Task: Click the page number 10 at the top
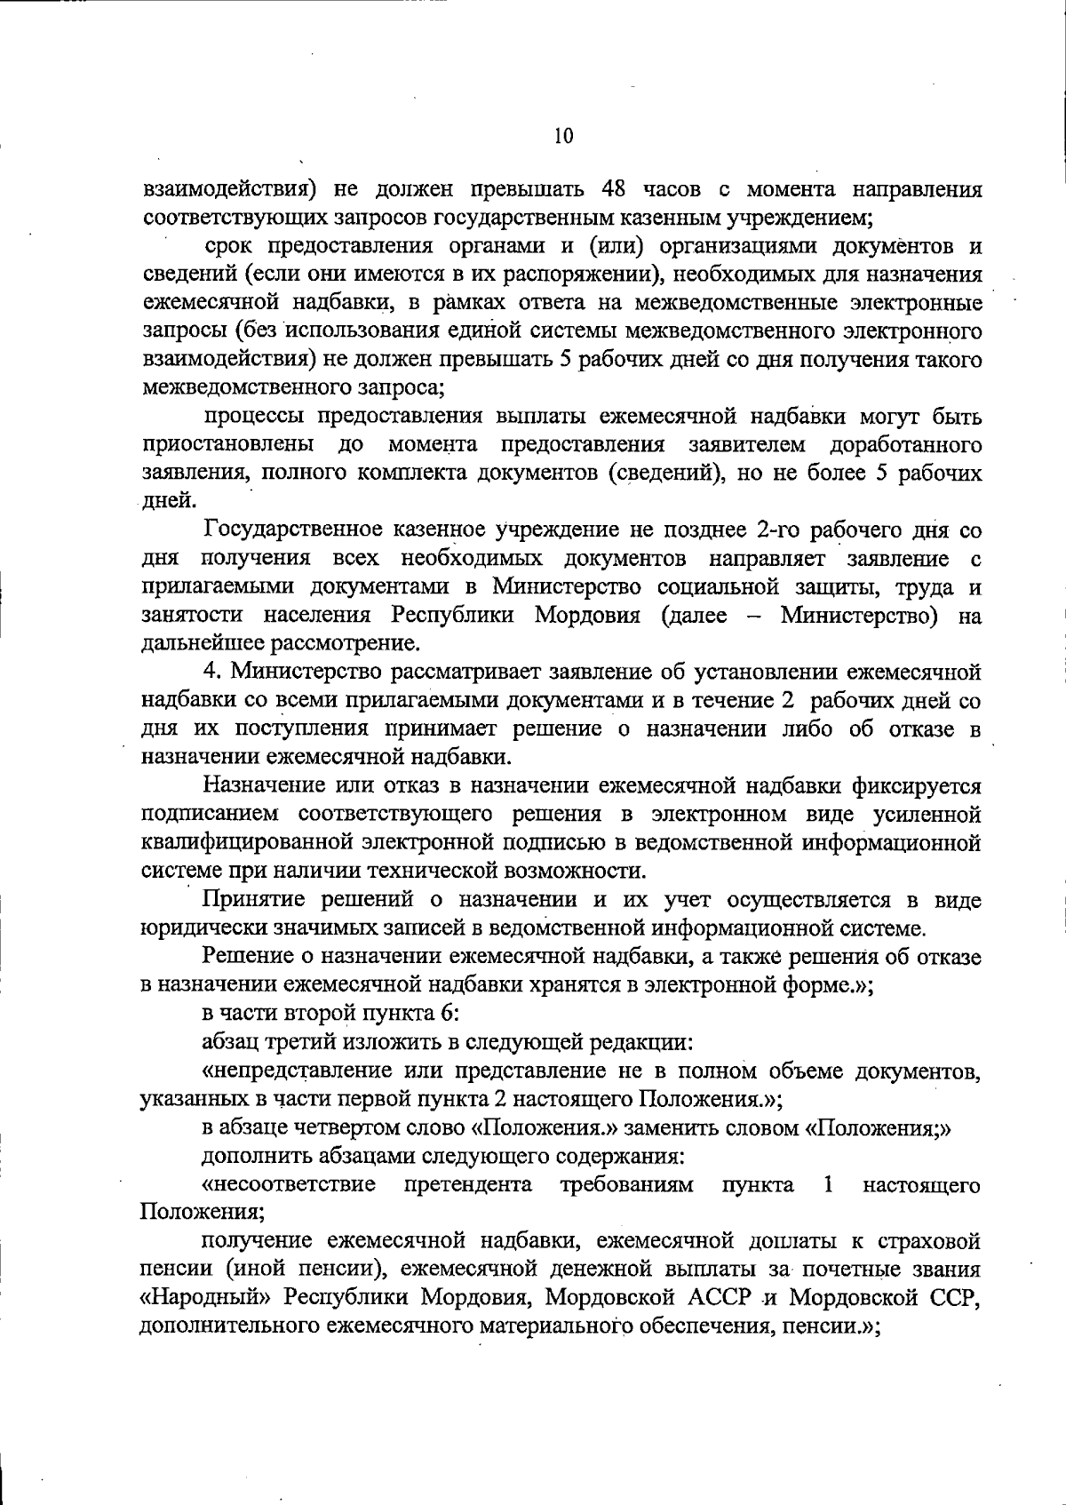click(x=563, y=136)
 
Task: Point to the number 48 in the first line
click(x=619, y=189)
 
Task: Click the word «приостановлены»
click(x=227, y=444)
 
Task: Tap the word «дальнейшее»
click(x=203, y=643)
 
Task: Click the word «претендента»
click(x=468, y=1185)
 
